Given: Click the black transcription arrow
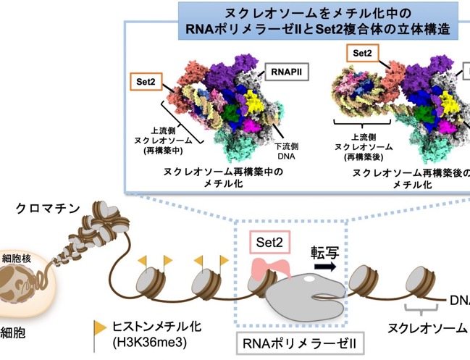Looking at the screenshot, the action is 325,267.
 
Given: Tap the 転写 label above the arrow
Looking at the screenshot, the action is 325,253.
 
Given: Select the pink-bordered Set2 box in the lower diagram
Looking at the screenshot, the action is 270,242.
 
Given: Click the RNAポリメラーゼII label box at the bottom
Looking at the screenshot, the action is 300,343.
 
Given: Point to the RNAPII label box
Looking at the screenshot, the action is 287,72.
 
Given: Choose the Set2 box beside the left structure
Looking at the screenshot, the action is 146,82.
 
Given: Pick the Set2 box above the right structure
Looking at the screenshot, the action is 362,53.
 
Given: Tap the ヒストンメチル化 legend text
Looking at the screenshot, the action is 156,327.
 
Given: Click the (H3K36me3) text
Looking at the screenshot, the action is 150,342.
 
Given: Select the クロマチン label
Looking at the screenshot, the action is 48,209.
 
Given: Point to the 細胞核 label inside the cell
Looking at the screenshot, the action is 16,259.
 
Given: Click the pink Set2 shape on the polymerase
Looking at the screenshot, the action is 271,269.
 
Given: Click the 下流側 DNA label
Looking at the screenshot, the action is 287,151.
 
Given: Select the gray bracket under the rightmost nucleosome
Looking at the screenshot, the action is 421,309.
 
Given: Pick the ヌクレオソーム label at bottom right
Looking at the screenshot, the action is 427,328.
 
